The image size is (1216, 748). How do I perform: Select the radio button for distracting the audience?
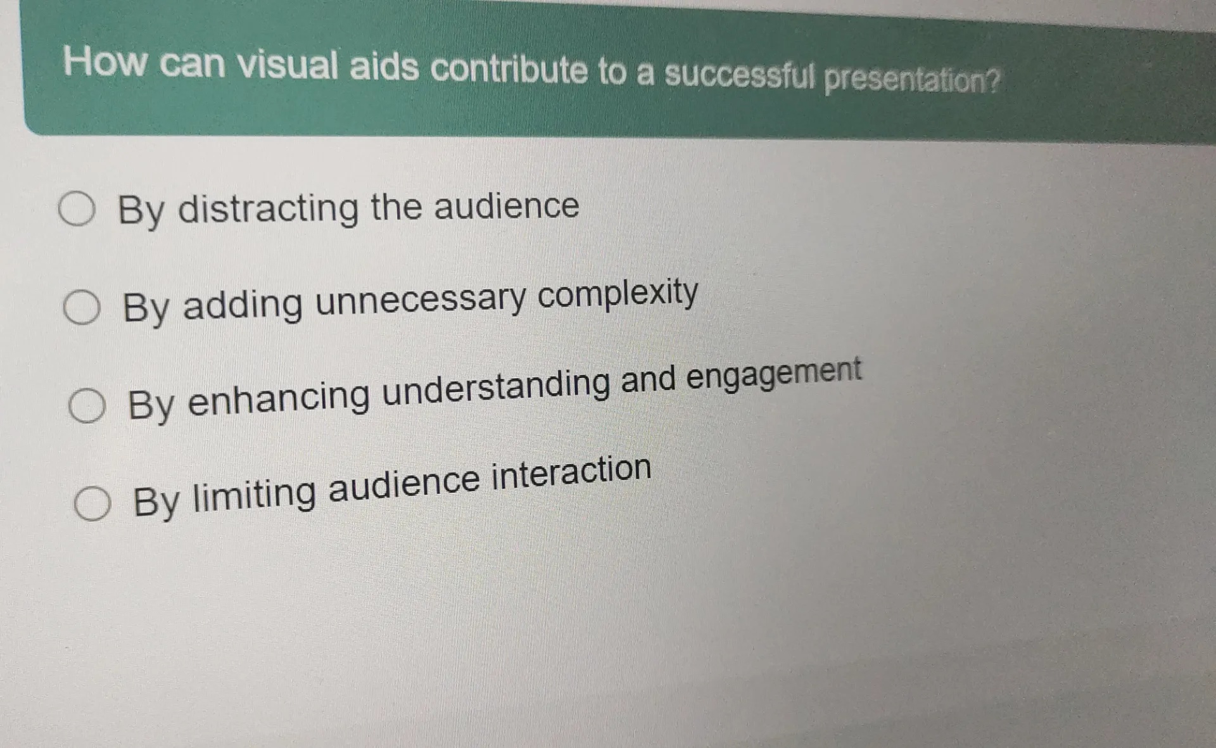coord(77,210)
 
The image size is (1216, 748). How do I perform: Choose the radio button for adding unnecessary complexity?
coord(82,308)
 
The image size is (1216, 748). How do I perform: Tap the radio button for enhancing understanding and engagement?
coord(87,406)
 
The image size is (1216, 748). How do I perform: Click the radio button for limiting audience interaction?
coord(92,504)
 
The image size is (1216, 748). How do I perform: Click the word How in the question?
coord(105,62)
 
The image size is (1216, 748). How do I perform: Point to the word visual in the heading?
coord(288,65)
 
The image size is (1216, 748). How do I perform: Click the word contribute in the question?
coord(509,70)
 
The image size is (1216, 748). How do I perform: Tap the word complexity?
coord(618,293)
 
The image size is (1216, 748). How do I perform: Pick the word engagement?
coord(774,374)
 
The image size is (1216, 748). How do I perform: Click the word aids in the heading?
coord(384,67)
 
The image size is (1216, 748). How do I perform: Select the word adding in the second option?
coord(243,305)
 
